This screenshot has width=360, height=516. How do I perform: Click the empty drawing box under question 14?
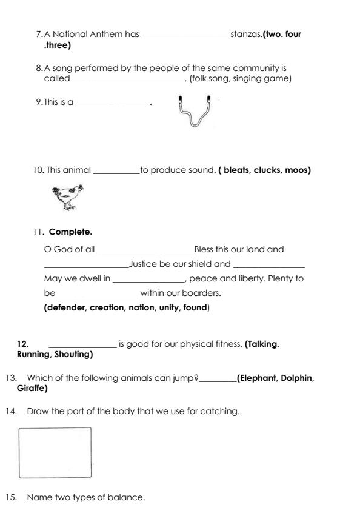pyautogui.click(x=55, y=452)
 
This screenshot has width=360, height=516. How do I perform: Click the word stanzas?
pyautogui.click(x=246, y=34)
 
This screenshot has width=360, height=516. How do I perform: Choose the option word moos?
pyautogui.click(x=296, y=170)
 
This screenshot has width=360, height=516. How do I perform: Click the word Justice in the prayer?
pyautogui.click(x=144, y=264)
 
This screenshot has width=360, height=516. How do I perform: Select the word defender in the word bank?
pyautogui.click(x=66, y=307)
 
